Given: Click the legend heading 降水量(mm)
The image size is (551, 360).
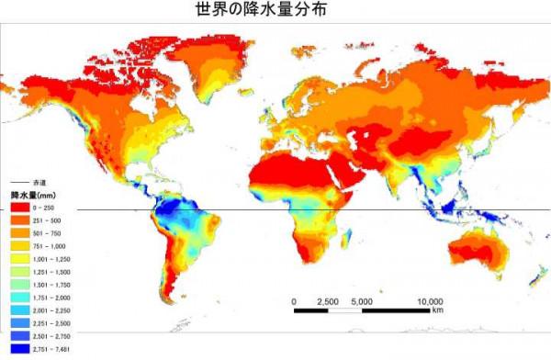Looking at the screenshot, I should (30, 195).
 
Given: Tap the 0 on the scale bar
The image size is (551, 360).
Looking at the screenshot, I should (294, 299).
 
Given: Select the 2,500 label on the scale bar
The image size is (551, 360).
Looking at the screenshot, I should (329, 299).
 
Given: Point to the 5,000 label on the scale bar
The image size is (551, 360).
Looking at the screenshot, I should (361, 299).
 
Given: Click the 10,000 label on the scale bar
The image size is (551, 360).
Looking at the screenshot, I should (429, 299).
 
